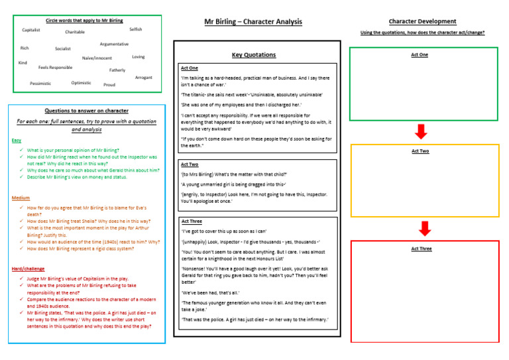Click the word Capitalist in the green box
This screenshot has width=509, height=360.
[31, 30]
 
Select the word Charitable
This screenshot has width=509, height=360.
[75, 32]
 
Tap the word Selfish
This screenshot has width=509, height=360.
[135, 29]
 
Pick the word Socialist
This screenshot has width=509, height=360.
[63, 48]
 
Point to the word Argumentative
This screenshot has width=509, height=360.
[114, 44]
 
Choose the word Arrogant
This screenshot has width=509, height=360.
[143, 78]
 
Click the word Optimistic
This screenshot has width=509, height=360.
[81, 83]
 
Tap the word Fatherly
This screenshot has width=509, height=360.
[117, 70]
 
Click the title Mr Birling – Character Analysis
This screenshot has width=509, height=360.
[254, 21]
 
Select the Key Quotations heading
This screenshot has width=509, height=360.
[254, 55]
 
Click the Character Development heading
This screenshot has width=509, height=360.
[423, 21]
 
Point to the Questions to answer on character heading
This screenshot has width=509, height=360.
[86, 111]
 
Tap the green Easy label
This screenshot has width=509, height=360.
[17, 141]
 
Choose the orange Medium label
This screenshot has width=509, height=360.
[21, 198]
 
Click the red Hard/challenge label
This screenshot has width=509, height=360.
[28, 269]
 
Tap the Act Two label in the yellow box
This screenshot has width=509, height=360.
[420, 151]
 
